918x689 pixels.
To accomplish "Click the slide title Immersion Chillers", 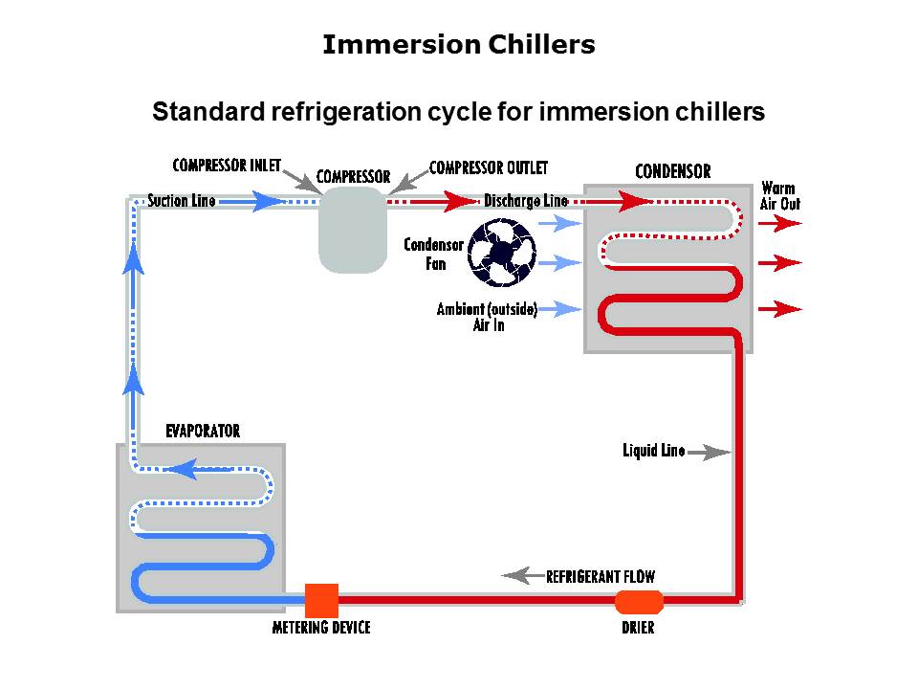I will [x=459, y=45].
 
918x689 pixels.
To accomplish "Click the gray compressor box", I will [x=353, y=230].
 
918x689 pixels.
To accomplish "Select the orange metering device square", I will [x=321, y=600].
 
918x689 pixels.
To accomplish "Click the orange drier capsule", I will [x=639, y=602].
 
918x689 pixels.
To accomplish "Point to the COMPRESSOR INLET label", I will [x=227, y=165].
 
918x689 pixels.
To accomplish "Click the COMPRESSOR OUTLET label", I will [x=489, y=167].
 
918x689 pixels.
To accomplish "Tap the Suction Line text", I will [x=182, y=201].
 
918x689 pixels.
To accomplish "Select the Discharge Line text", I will [x=525, y=201].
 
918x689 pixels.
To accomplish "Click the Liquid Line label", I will [x=653, y=451].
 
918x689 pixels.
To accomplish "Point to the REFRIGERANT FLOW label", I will [x=601, y=577].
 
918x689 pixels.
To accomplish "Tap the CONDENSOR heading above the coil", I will [x=673, y=172].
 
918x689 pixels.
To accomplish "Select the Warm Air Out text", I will [x=779, y=195].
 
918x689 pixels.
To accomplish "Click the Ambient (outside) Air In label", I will [x=488, y=317].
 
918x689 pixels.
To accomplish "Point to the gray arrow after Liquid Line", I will [x=709, y=452].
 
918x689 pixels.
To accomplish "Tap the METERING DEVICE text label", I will [x=321, y=628].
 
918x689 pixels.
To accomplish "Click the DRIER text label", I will [x=638, y=629].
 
